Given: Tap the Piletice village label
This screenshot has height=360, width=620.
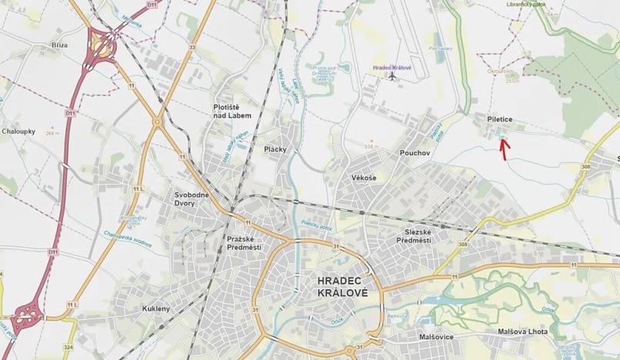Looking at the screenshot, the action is click(499, 119).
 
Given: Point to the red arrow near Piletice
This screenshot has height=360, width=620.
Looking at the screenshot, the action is click(503, 147).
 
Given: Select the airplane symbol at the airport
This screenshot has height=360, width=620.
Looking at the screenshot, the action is click(392, 75).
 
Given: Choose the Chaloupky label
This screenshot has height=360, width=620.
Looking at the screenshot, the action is click(18, 131).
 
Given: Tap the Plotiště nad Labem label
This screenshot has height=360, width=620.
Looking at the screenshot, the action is click(233, 112).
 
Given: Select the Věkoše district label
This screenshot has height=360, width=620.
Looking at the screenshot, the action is click(364, 178).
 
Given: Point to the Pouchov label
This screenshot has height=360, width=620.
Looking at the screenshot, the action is click(415, 152).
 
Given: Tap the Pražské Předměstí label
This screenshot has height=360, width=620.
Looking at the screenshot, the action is click(244, 242).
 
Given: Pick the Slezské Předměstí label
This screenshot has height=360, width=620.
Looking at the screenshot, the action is click(413, 236).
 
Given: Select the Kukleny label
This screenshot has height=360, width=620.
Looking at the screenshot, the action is click(155, 308).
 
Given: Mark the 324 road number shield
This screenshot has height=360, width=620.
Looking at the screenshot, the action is click(69, 348).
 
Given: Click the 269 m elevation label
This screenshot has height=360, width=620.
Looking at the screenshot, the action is click(52, 133).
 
